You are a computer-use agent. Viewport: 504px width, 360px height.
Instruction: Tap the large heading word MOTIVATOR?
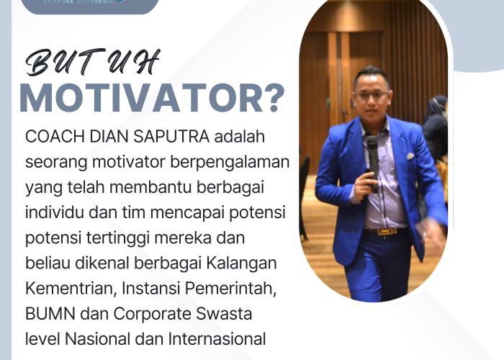pos(152,100)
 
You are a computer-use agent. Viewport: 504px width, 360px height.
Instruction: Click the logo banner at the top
pos(90,6)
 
